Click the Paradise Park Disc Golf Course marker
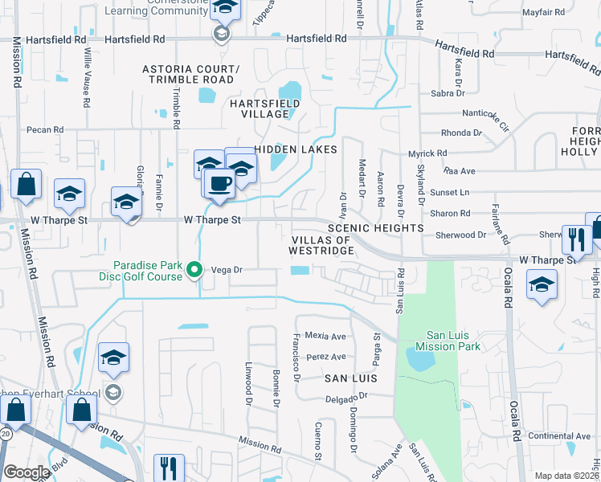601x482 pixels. click(x=194, y=271)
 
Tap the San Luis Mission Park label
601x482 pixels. click(x=452, y=341)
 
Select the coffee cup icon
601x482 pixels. click(x=219, y=183)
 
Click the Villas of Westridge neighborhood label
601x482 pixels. click(x=321, y=246)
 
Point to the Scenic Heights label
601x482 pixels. click(x=375, y=228)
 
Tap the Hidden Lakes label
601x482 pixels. click(x=295, y=149)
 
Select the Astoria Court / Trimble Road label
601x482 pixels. click(x=189, y=74)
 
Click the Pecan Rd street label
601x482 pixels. click(x=44, y=129)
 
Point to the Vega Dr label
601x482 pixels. click(x=227, y=271)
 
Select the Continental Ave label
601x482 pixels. click(x=559, y=436)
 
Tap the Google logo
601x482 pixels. click(x=27, y=472)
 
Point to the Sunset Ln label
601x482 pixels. click(x=450, y=193)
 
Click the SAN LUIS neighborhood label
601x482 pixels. click(x=350, y=378)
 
